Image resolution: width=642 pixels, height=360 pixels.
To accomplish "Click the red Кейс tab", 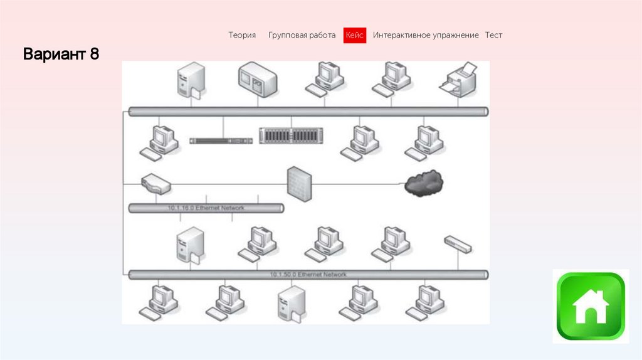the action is [x=355, y=36].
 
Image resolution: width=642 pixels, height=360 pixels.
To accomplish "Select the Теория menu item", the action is [x=242, y=36].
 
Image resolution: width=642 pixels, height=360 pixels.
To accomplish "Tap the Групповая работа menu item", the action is [x=302, y=36].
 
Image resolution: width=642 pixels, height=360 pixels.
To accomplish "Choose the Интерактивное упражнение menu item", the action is [x=426, y=36].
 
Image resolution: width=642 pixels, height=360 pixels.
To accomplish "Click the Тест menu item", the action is [x=493, y=36].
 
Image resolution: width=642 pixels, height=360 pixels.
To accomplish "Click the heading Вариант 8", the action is [x=61, y=55].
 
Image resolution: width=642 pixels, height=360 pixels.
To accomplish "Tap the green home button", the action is [x=591, y=306].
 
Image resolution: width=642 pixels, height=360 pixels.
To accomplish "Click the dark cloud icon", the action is [x=424, y=183].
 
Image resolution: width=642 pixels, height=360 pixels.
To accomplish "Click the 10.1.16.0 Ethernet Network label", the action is [x=206, y=208].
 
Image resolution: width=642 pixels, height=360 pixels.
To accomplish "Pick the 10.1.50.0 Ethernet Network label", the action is [x=308, y=275].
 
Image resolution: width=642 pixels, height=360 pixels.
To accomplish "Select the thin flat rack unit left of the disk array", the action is [x=221, y=140].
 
